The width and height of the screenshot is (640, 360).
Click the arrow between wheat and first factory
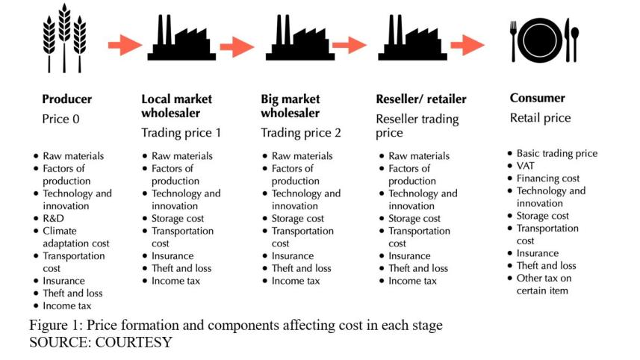coord(124,46)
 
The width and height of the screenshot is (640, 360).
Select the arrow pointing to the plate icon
coord(468,46)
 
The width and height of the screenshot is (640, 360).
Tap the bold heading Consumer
coord(537,98)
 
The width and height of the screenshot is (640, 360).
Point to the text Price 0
coord(61,118)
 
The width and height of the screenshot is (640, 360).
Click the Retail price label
coord(540,117)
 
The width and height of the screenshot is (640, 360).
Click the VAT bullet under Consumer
coord(526,166)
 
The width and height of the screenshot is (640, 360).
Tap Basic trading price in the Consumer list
coord(556,153)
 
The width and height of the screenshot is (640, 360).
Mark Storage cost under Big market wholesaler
coord(297,218)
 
